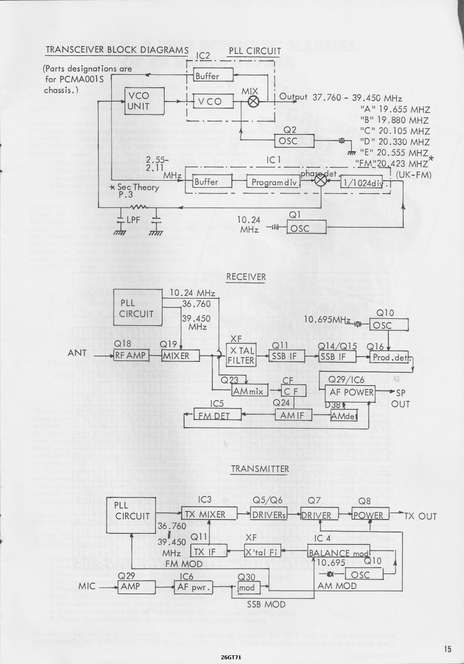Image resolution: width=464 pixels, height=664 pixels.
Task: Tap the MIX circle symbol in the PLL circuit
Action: click(x=254, y=101)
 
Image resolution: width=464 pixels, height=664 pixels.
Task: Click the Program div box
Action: click(x=273, y=182)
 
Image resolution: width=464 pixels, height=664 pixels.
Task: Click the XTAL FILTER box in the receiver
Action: click(x=241, y=356)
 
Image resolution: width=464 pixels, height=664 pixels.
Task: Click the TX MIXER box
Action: click(x=209, y=514)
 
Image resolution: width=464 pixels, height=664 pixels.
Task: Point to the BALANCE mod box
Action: click(x=338, y=552)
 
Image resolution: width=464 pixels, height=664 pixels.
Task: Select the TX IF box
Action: click(x=204, y=552)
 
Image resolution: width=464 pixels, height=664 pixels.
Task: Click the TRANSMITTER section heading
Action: click(x=260, y=469)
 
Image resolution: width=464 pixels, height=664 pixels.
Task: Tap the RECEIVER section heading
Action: click(x=246, y=277)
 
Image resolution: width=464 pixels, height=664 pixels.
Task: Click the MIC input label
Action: click(x=87, y=586)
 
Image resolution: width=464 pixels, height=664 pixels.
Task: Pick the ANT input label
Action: click(x=77, y=353)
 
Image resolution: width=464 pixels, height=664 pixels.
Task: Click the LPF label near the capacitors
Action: click(x=133, y=220)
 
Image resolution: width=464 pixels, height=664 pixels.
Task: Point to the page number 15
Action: click(x=447, y=648)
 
